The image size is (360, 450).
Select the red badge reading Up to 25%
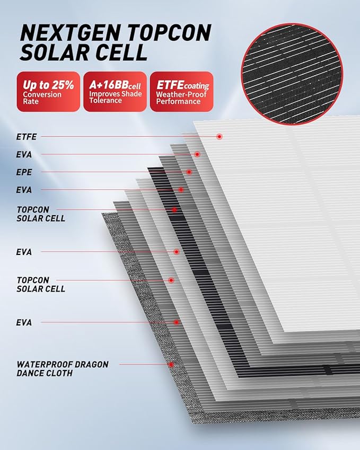pos(48,91)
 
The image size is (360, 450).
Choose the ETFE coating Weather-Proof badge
pos(181,91)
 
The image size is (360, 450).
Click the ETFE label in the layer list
pos(27,137)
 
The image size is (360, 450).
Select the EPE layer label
pos(24,172)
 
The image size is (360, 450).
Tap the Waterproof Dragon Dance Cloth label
pos(62,369)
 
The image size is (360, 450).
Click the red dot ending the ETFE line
pos(219,137)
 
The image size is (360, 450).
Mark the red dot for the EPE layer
pos(189,172)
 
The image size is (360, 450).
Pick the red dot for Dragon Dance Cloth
pos(171,365)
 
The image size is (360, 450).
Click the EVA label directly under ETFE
pos(24,155)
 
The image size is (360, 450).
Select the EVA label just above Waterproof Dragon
pos(24,322)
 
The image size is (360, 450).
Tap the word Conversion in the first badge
pos(42,94)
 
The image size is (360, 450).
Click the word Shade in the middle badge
pos(132,94)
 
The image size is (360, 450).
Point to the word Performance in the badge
pos(178,101)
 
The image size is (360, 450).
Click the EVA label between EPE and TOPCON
pos(24,190)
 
